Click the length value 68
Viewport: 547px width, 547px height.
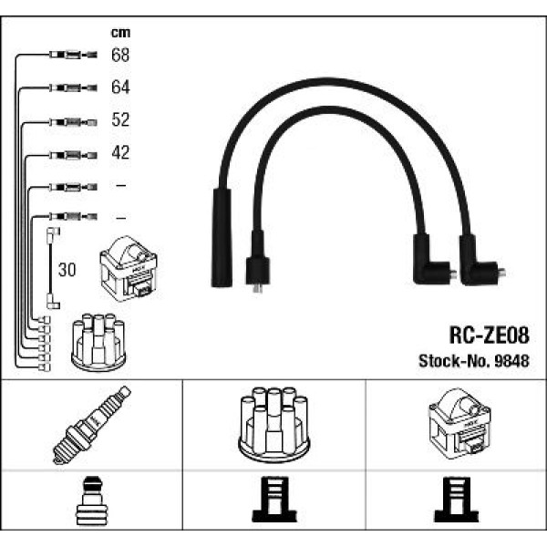[120, 56]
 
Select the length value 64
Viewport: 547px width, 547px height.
[120, 88]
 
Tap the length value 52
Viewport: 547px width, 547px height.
[120, 120]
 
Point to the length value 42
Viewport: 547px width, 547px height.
[120, 153]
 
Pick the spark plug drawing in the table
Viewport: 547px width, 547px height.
[91, 425]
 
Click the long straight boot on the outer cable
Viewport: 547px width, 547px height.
[222, 237]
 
